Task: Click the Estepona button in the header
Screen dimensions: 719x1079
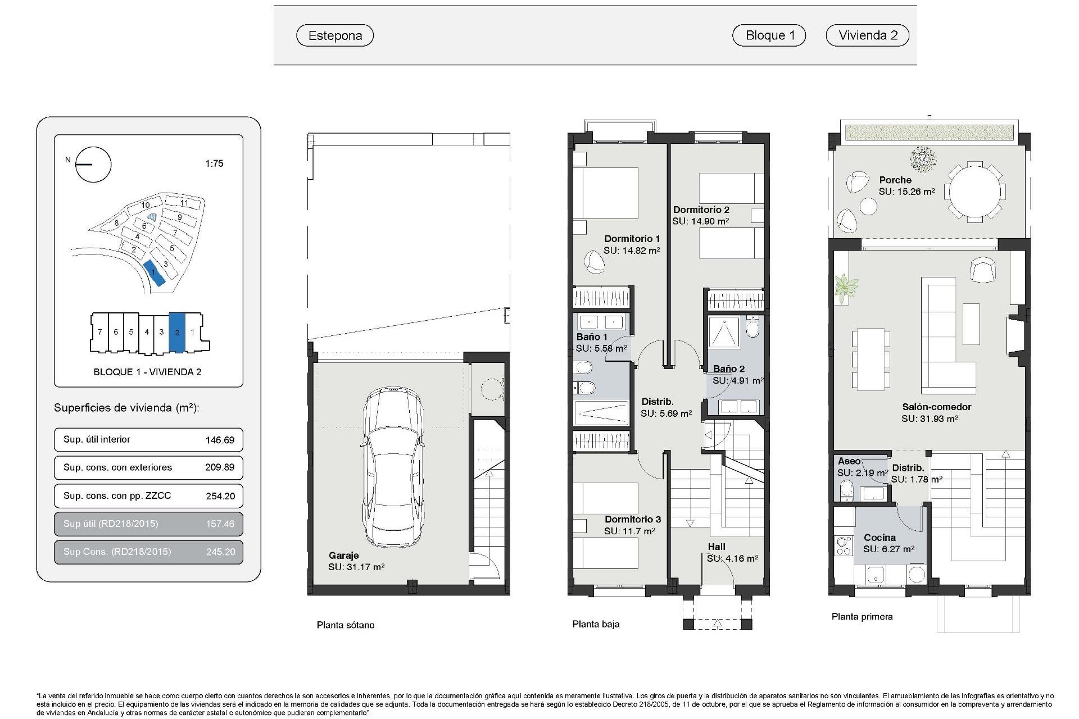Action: click(335, 35)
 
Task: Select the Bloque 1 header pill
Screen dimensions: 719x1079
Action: click(769, 35)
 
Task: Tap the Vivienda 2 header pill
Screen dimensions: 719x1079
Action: click(867, 35)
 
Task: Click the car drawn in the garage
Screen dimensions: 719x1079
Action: click(392, 466)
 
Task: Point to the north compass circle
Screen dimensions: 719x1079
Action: click(93, 165)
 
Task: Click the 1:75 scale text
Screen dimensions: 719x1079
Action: click(214, 163)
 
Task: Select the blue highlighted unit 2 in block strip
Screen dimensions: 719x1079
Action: click(176, 333)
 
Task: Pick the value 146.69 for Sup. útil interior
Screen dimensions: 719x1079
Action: click(220, 440)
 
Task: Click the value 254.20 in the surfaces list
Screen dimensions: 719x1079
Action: click(220, 496)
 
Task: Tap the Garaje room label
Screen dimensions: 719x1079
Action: click(343, 556)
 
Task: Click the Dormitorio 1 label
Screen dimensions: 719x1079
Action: click(632, 239)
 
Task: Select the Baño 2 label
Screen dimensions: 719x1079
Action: click(729, 369)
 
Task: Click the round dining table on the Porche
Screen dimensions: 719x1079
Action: click(974, 191)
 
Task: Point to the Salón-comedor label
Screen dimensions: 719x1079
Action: click(936, 407)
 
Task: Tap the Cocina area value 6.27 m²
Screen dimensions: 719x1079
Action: click(888, 549)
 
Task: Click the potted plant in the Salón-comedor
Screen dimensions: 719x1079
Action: click(845, 288)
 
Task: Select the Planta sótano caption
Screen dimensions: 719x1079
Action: click(345, 625)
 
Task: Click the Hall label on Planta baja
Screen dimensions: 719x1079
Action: click(717, 547)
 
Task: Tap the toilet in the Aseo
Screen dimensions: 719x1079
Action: click(846, 493)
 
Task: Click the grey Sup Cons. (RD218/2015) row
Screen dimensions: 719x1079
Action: click(148, 552)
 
